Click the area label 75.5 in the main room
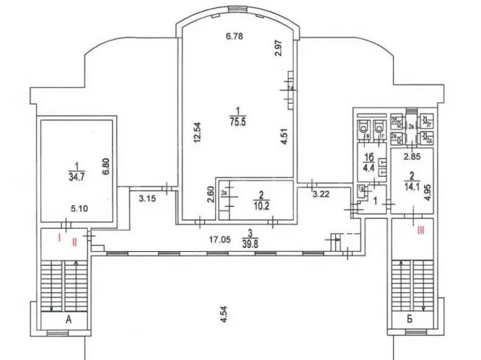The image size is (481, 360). point(236,124)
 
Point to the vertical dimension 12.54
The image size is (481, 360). point(197,133)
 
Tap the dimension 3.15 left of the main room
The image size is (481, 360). point(147,197)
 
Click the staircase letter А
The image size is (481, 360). point(69,320)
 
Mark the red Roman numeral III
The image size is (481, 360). point(421,229)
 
